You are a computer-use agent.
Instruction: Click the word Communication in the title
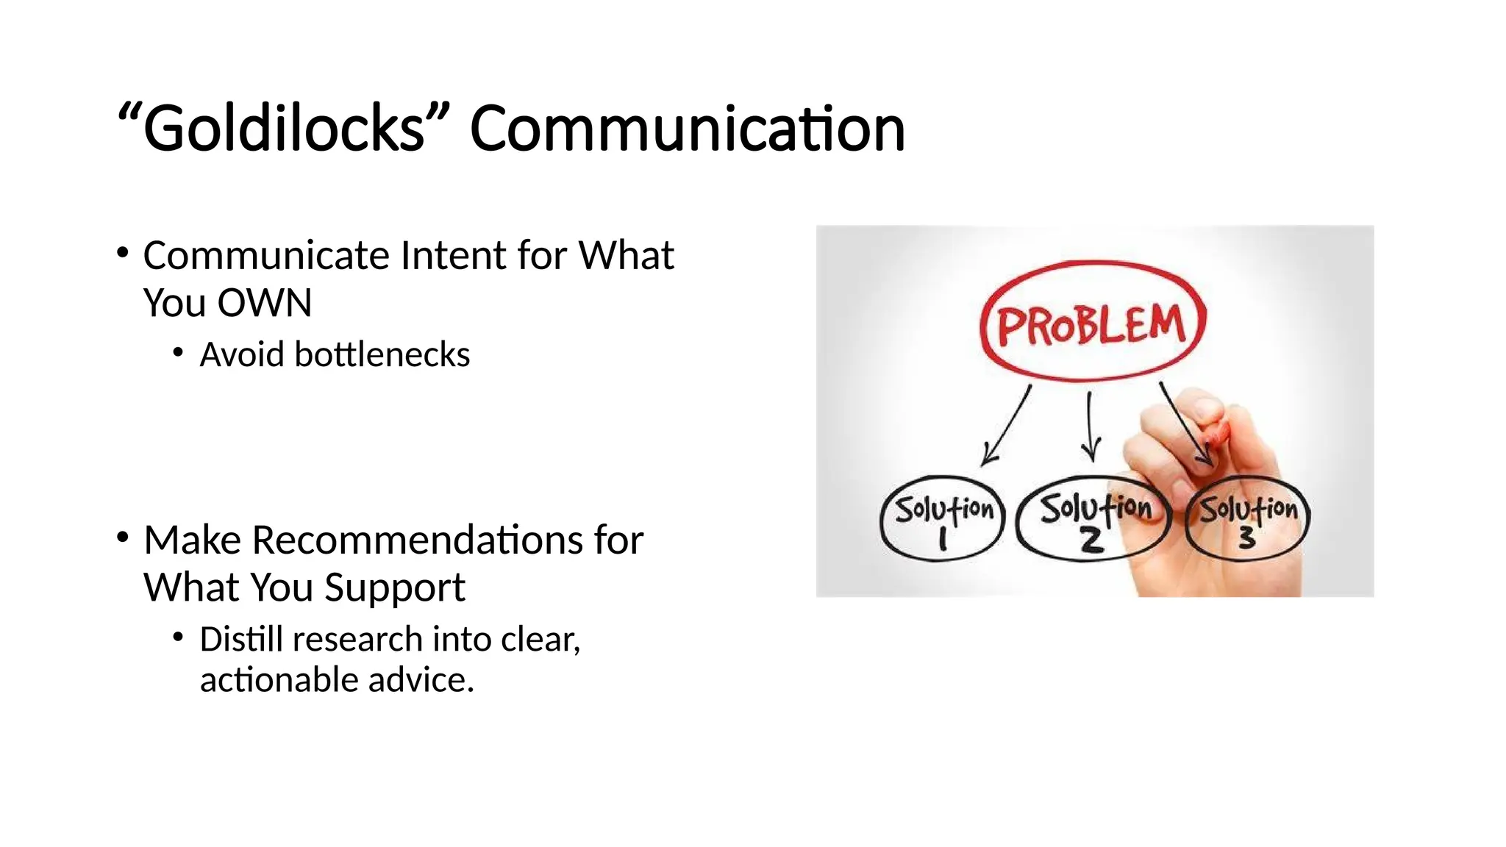687,129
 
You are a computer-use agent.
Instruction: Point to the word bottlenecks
382,355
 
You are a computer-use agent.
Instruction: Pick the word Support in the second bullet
394,587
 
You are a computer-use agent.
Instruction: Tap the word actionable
279,680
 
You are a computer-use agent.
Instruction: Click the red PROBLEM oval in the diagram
1093,324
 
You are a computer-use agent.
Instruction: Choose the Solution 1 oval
943,519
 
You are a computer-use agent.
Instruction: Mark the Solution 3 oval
1247,519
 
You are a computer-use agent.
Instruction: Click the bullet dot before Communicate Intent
122,254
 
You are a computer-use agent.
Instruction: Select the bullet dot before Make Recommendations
122,538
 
